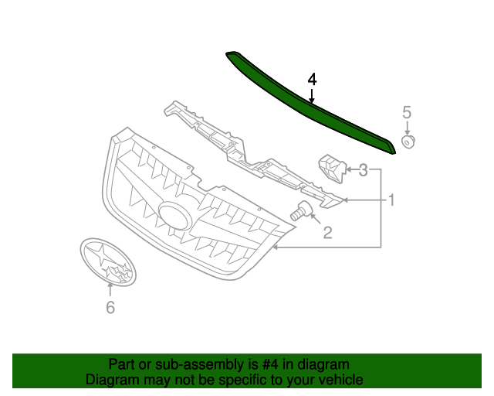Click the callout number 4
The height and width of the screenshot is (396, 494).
point(312,79)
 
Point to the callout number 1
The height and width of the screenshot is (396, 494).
point(391,200)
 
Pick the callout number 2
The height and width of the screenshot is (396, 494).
point(327,231)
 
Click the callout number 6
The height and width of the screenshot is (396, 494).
point(110,308)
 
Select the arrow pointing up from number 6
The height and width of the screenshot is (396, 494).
point(110,290)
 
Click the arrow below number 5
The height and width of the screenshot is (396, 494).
point(408,128)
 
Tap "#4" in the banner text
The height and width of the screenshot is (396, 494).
point(256,364)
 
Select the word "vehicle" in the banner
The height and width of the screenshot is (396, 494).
point(340,380)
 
